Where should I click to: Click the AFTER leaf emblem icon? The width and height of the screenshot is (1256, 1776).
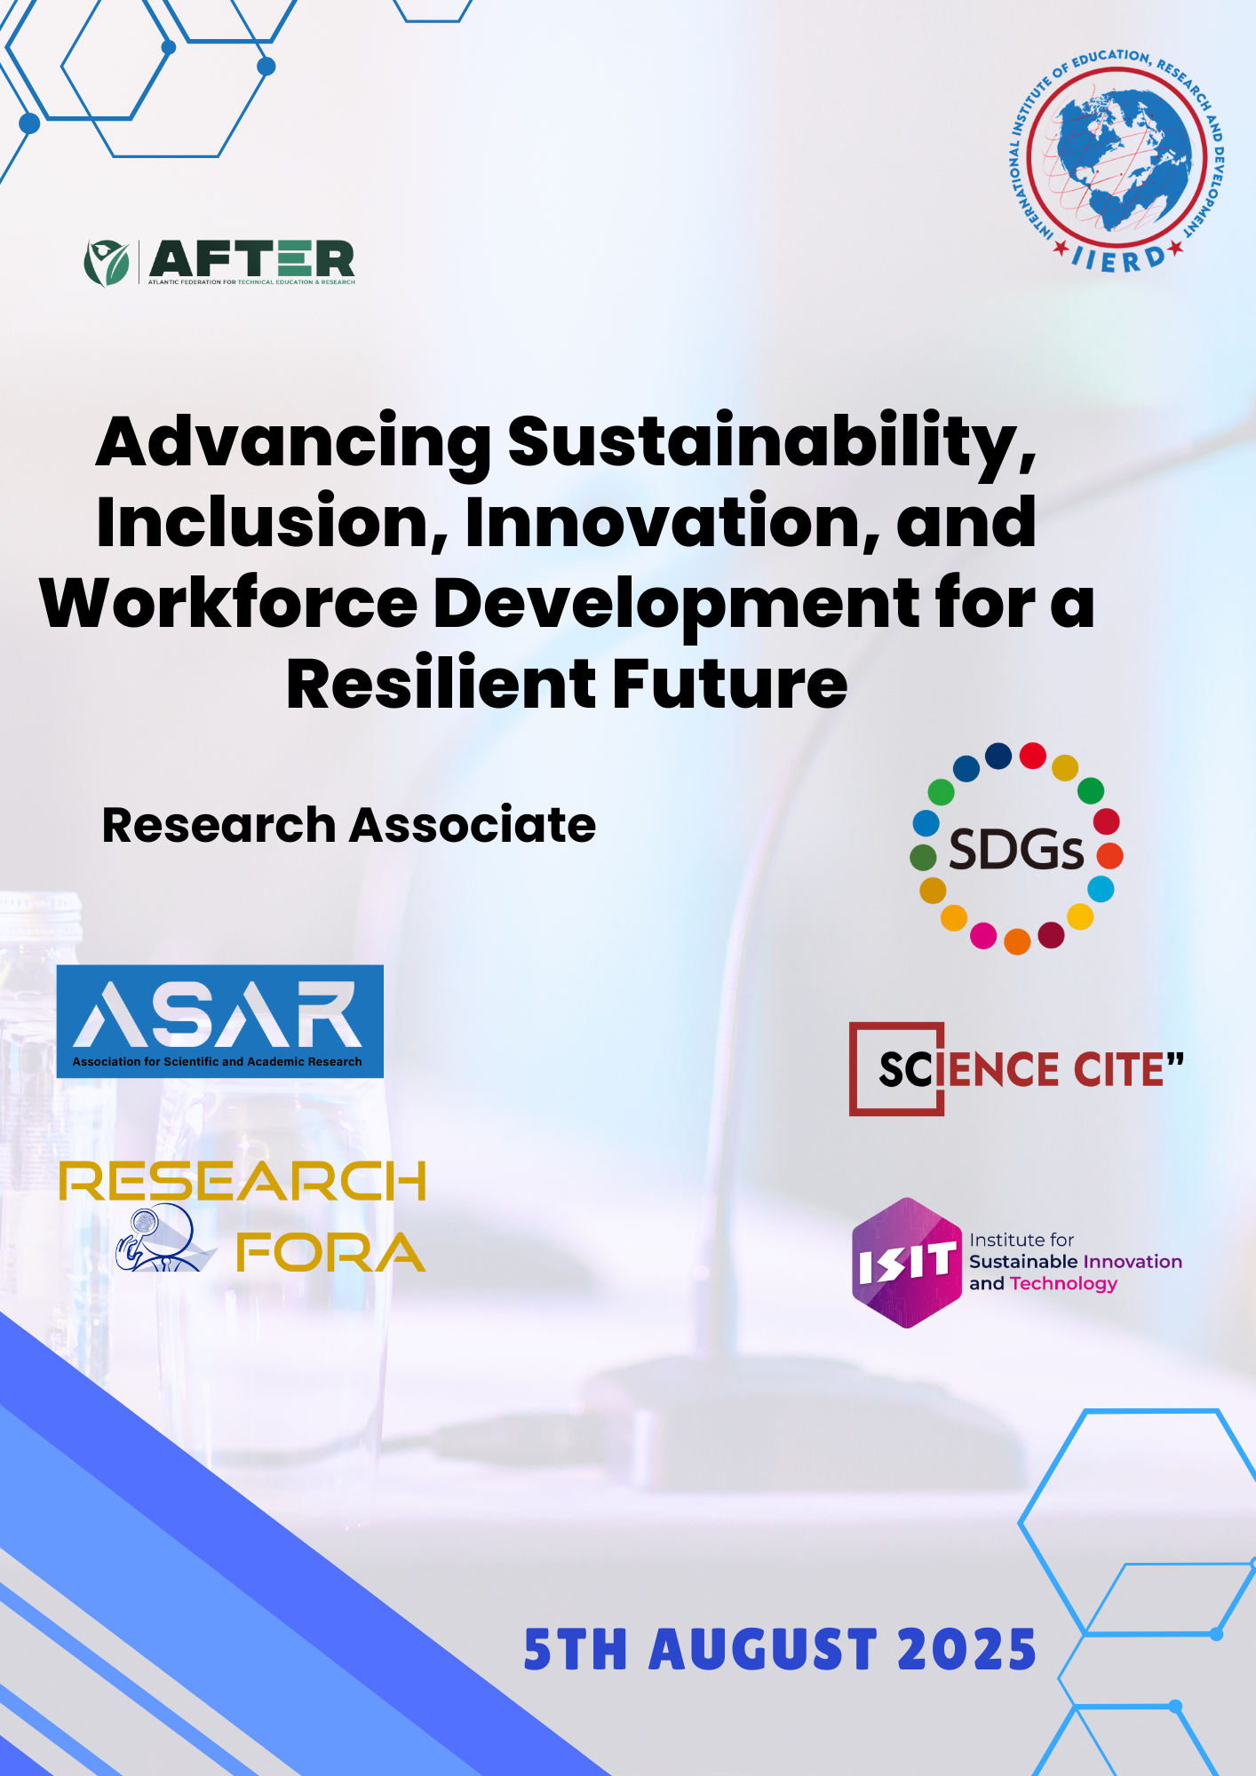point(107,263)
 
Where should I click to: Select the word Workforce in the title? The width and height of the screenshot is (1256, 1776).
point(229,604)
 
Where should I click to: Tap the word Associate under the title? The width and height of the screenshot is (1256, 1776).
point(473,825)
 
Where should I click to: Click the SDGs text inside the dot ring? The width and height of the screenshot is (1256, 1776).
point(1016,850)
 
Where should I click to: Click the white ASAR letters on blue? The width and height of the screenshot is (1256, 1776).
point(219,1014)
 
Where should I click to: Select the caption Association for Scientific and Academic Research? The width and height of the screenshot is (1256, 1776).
point(218,1061)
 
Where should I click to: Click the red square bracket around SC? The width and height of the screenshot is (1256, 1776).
point(896,1069)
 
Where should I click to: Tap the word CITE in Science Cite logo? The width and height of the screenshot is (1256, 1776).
point(1119,1069)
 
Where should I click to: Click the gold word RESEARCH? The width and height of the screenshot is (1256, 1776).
point(242,1181)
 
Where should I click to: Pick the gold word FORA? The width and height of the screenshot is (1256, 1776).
point(330,1252)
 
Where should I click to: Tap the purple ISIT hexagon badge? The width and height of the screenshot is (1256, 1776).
point(907,1263)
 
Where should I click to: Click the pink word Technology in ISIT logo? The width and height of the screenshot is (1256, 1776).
point(1063,1284)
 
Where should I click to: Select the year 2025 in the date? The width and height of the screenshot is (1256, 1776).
point(967,1650)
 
